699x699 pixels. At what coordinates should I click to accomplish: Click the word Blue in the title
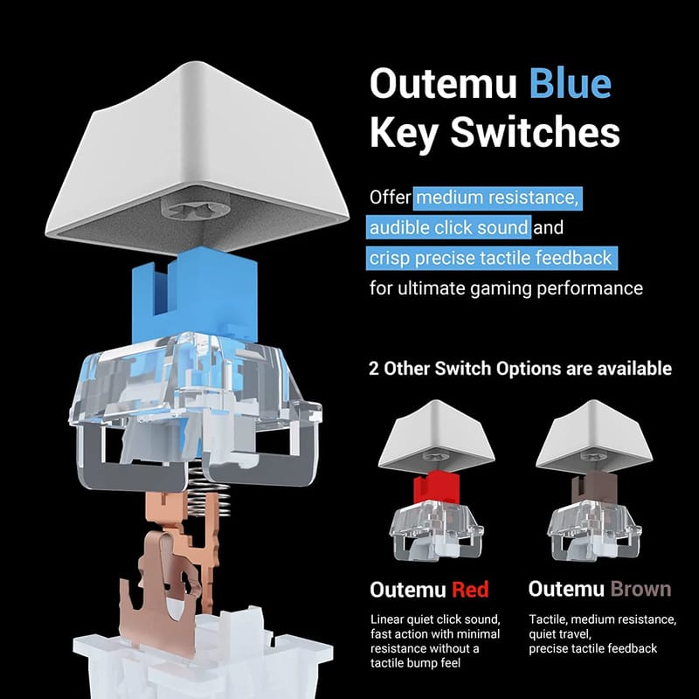coord(571,83)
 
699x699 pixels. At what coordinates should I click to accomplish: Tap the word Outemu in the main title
coord(443,83)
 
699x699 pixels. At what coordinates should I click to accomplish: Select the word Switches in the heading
coord(535,132)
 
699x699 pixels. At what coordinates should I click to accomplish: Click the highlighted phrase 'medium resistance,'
coord(497,198)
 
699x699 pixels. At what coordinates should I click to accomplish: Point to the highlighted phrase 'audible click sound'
coord(448,228)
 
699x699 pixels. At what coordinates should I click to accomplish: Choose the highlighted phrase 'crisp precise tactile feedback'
coord(492,258)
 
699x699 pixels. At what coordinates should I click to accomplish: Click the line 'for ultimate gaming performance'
coord(506,288)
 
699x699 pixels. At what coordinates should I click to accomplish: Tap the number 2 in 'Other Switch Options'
coord(374,369)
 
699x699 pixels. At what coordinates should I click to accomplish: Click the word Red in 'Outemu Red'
coord(470,589)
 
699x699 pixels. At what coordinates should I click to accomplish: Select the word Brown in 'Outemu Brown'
coord(640,589)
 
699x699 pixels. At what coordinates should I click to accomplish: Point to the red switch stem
coord(436,488)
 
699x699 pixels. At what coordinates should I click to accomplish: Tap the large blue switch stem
coord(195,295)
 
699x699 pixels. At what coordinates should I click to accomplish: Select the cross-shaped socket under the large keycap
coord(195,206)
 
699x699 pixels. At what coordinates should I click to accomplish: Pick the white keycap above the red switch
coord(436,435)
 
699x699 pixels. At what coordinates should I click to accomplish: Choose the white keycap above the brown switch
coord(594,435)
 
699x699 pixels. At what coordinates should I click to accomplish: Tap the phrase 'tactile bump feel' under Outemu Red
coord(415,663)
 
